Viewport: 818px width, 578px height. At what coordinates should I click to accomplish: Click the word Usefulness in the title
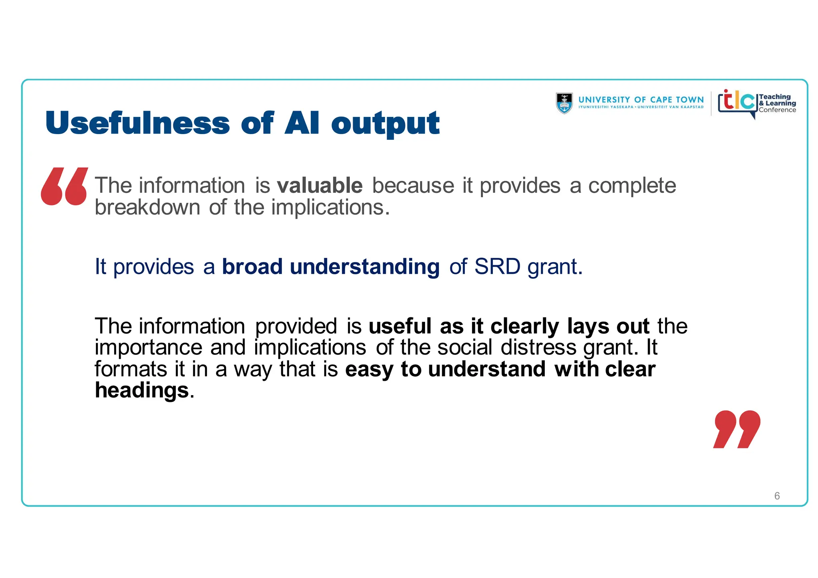[x=137, y=123]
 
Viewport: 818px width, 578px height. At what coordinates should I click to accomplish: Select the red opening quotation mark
[x=64, y=186]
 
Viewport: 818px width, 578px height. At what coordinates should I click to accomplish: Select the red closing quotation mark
[x=737, y=429]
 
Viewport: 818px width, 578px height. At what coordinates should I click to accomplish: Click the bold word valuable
[x=320, y=186]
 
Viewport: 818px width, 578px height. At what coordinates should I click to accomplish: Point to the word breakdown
[x=147, y=208]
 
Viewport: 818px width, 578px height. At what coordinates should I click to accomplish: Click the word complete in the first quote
[x=632, y=186]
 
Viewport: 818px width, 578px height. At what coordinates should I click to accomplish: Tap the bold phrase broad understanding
[x=331, y=267]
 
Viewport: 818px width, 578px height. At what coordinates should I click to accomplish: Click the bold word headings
[x=141, y=390]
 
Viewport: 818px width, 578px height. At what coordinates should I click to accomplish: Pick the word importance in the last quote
[x=148, y=348]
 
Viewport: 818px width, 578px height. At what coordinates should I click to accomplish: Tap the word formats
[x=131, y=369]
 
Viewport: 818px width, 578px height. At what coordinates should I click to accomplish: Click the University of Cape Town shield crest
[x=564, y=103]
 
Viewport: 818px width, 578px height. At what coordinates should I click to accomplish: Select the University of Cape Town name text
[x=641, y=100]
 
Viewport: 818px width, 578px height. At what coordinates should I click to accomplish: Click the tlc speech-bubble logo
[x=737, y=102]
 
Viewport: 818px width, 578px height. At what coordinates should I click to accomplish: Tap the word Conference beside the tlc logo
[x=777, y=110]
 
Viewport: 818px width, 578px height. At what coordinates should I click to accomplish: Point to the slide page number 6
[x=777, y=496]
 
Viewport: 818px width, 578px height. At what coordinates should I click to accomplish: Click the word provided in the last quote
[x=296, y=327]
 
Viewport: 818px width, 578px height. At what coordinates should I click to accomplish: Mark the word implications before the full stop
[x=327, y=208]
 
